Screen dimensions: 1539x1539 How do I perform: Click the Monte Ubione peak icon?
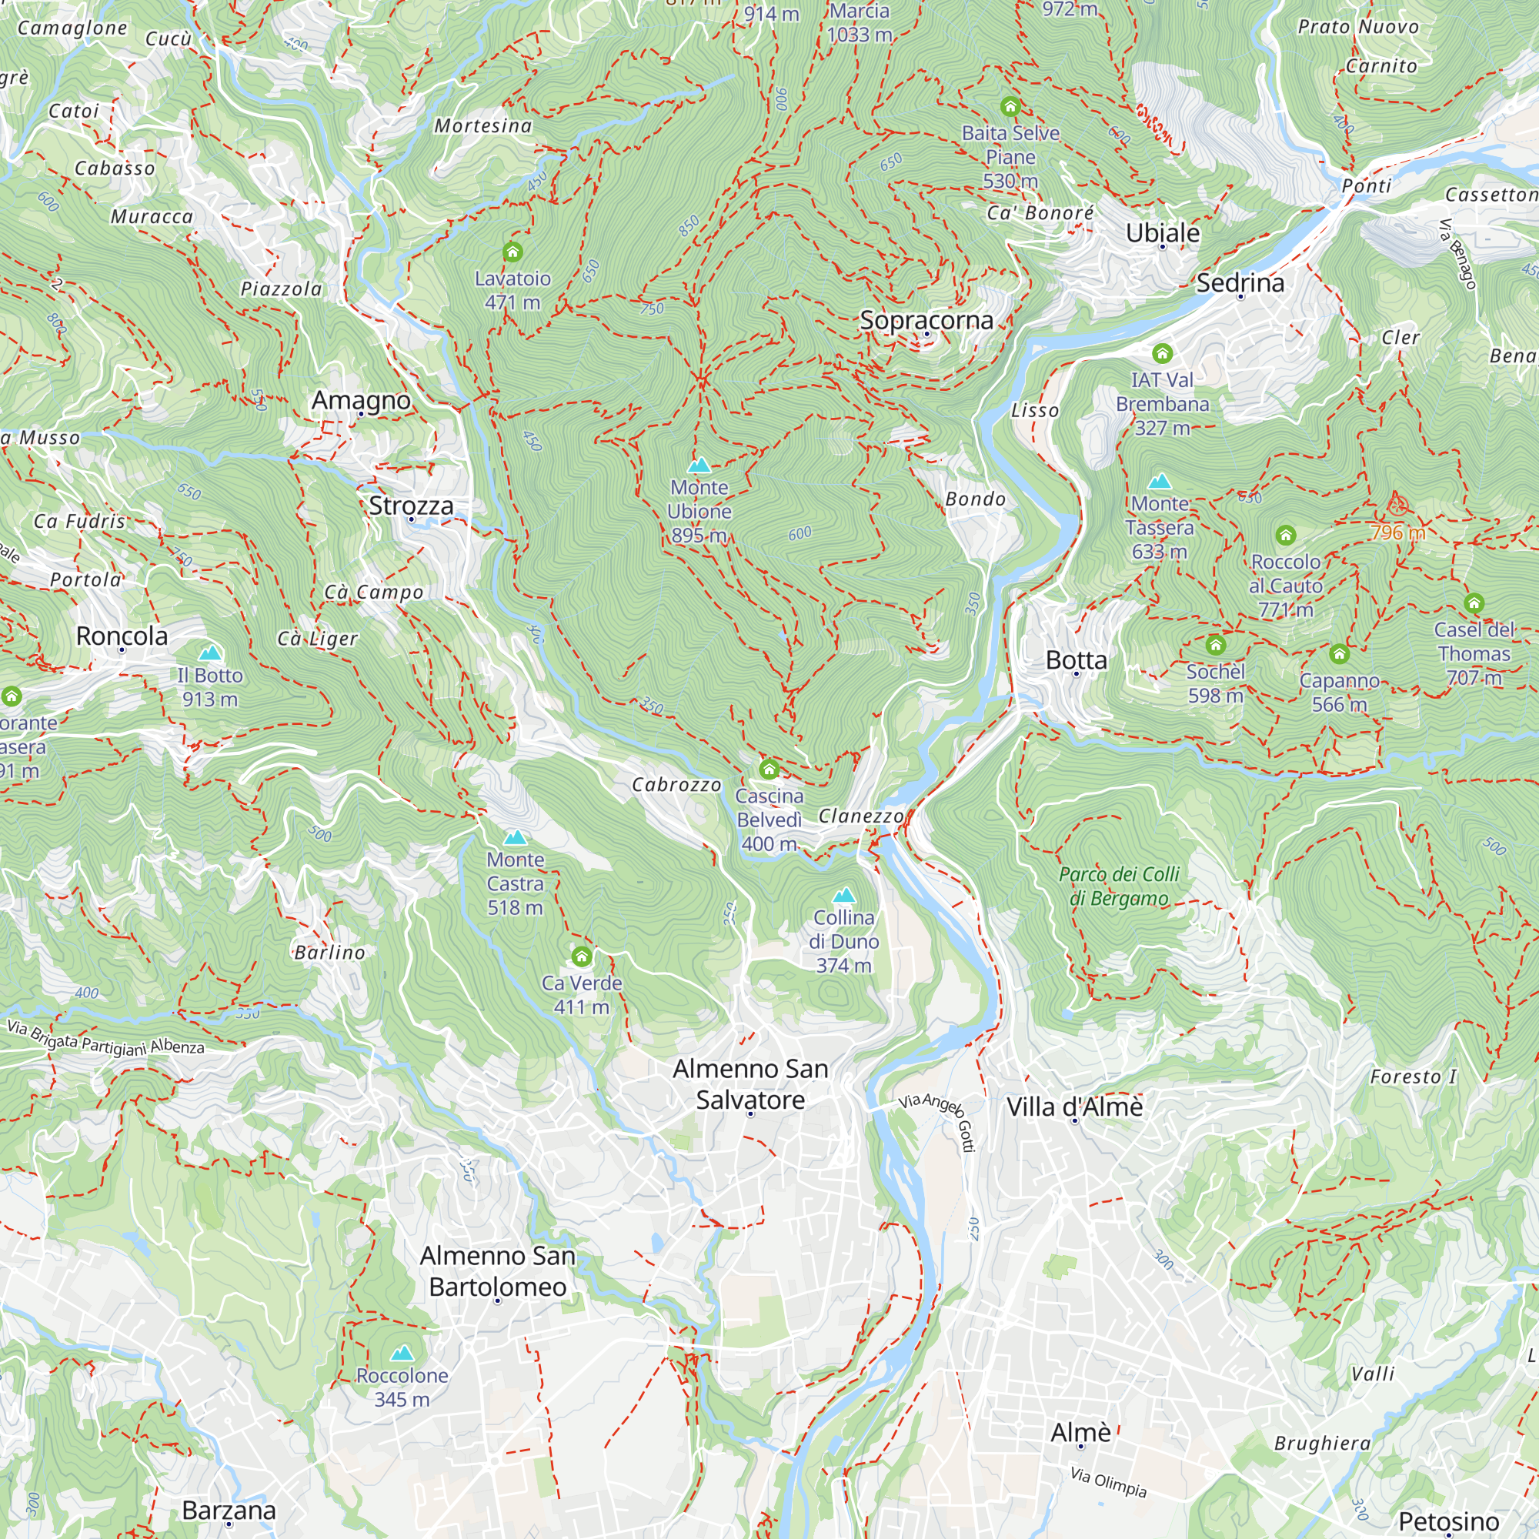coord(699,465)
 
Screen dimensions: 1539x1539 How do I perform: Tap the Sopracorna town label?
coord(926,320)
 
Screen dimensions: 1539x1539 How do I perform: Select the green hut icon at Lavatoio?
coord(512,252)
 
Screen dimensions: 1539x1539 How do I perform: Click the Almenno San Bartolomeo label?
coord(498,1271)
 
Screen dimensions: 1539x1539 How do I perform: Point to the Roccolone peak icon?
coord(402,1354)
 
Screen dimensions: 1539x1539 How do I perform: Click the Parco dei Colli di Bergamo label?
coord(1118,886)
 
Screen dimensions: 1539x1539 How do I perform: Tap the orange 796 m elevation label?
coord(1397,532)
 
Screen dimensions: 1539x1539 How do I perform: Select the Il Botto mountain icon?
coord(210,653)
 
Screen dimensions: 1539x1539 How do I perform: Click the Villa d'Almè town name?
coord(1073,1107)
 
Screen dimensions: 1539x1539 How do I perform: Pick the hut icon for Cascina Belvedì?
coord(769,769)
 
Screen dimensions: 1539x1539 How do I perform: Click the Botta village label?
coord(1076,659)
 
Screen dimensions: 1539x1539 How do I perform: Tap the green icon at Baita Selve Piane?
coord(1010,106)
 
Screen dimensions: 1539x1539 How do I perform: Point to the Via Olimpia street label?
coord(1108,1481)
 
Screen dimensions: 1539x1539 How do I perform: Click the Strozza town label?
coord(410,505)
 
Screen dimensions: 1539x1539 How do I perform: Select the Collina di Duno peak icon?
coord(843,895)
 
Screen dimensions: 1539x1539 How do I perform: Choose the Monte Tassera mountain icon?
coord(1160,481)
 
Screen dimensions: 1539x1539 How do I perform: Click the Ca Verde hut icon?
coord(582,956)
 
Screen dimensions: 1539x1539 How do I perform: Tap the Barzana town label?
coord(229,1510)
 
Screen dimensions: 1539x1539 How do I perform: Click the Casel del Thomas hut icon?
coord(1474,603)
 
